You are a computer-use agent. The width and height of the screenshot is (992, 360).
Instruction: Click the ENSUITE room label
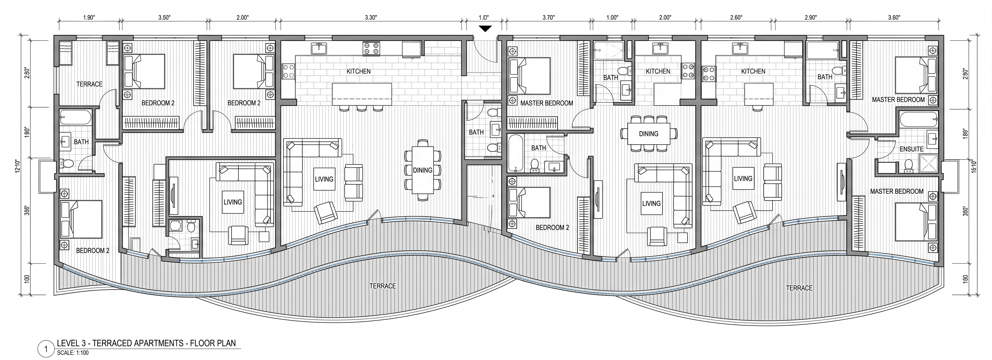tap(912, 149)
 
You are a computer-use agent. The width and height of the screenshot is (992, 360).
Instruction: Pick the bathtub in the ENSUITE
tap(918, 121)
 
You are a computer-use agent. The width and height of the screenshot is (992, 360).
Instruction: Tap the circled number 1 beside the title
tap(46, 349)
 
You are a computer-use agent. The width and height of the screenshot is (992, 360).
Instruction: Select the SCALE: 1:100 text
tap(73, 352)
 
